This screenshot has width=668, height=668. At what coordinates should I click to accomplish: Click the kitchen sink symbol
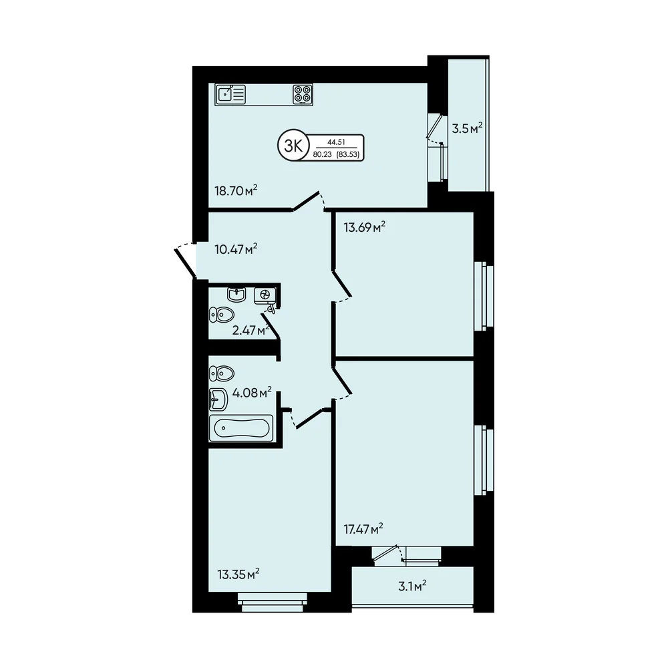(x=231, y=94)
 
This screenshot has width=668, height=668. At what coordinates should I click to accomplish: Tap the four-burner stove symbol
(x=303, y=94)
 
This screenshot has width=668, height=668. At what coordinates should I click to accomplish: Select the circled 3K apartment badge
(x=293, y=146)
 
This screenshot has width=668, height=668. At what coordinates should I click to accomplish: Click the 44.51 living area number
(x=336, y=142)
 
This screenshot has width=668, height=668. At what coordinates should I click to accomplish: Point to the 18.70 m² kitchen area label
(x=236, y=190)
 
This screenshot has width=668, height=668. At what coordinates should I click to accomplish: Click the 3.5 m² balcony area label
(x=468, y=128)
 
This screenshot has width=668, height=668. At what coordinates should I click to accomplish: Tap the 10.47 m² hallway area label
(x=236, y=248)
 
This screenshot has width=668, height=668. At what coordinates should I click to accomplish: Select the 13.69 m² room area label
(x=365, y=227)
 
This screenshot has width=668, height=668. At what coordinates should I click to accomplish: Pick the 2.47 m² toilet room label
(x=251, y=330)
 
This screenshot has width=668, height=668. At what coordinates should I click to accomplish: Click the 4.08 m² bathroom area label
(x=253, y=392)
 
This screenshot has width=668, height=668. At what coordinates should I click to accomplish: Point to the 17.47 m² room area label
(x=363, y=529)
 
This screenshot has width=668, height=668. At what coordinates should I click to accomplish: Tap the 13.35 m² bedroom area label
(x=238, y=574)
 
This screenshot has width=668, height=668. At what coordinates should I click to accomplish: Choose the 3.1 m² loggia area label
(x=412, y=587)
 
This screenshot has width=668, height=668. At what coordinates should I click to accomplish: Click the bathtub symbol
(x=241, y=428)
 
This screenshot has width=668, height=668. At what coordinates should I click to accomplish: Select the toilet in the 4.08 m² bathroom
(x=222, y=373)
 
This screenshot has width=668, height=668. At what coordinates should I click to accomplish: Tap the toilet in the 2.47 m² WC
(x=222, y=315)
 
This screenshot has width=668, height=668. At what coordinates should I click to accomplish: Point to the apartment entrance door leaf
(x=185, y=263)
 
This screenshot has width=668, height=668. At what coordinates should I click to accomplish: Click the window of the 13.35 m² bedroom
(x=272, y=602)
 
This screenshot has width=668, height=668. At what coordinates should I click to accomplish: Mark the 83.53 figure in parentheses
(x=347, y=155)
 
